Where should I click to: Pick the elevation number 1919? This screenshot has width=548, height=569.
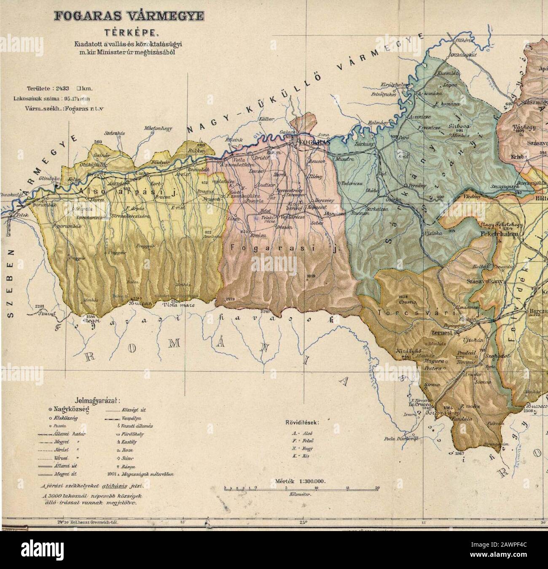(x=312, y=276)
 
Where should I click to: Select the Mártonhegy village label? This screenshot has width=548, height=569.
(x=157, y=128)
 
